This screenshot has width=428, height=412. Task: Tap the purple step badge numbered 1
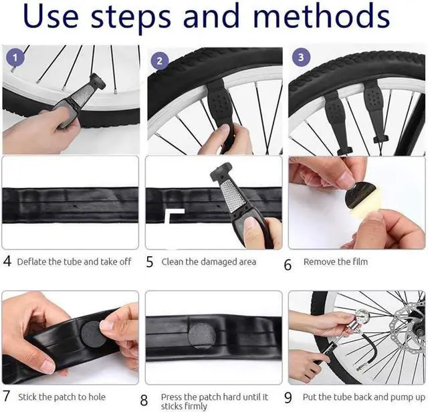pyautogui.click(x=17, y=58)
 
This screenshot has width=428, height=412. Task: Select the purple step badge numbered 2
pyautogui.click(x=159, y=60)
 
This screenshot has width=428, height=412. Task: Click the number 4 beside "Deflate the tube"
pyautogui.click(x=7, y=262)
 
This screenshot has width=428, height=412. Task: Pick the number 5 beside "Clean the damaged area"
pyautogui.click(x=150, y=262)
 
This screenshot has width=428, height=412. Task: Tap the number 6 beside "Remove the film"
pyautogui.click(x=288, y=264)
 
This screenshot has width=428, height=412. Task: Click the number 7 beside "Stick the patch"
pyautogui.click(x=7, y=397)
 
